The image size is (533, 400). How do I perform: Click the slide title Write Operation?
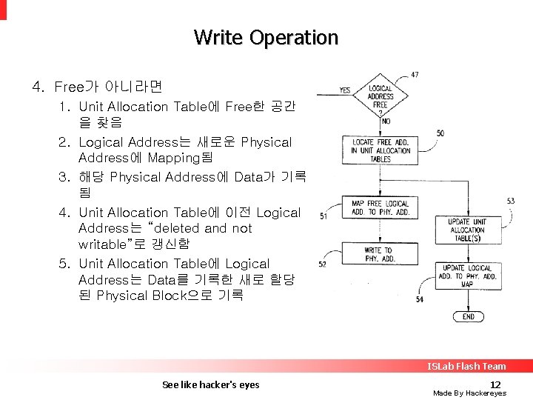coord(266,37)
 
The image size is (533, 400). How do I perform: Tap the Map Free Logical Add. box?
coord(381,208)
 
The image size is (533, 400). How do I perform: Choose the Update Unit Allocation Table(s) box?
coord(467,230)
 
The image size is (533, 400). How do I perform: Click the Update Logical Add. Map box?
coord(467,276)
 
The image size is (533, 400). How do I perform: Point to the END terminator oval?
coord(468,316)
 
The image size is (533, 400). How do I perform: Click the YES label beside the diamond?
coord(345,90)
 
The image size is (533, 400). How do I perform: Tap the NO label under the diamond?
coord(386,121)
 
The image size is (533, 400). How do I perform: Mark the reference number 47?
coord(415,74)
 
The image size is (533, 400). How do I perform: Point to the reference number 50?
coord(440,133)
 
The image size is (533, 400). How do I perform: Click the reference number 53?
coord(511,201)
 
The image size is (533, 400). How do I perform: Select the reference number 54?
coord(420,299)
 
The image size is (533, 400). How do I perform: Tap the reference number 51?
coord(324,216)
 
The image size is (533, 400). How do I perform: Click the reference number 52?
coord(323,264)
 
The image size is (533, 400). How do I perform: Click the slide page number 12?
coord(496,384)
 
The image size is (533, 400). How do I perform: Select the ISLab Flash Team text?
coord(466,366)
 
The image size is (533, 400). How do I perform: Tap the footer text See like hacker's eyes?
coord(210,384)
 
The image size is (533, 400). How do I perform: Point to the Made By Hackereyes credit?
coord(469,393)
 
